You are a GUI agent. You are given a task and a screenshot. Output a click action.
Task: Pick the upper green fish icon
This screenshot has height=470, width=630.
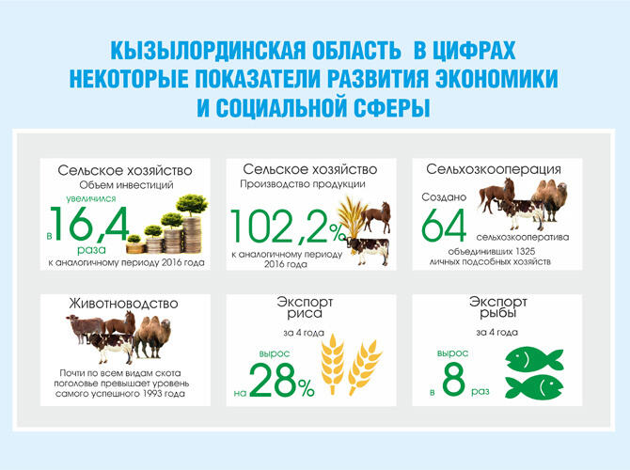pos(534,358)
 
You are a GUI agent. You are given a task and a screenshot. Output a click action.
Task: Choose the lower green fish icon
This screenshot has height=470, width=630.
pos(534,388)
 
